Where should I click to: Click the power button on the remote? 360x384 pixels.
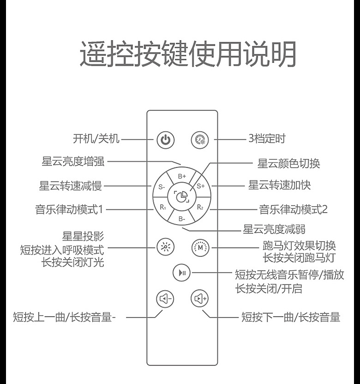(x=166, y=139)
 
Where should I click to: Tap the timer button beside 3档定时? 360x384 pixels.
(x=200, y=139)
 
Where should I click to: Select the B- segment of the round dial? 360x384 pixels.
(x=182, y=218)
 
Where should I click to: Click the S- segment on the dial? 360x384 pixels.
(x=162, y=187)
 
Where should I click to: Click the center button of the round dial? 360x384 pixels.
(x=182, y=196)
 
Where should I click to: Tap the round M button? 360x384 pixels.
(x=200, y=247)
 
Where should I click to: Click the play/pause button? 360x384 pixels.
(x=181, y=273)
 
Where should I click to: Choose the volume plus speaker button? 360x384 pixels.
(x=200, y=299)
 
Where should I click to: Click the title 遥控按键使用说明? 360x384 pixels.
(x=188, y=55)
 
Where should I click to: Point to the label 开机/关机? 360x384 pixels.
(x=96, y=138)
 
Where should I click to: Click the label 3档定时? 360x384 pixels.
(x=267, y=138)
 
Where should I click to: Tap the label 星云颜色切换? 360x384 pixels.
(x=288, y=163)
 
